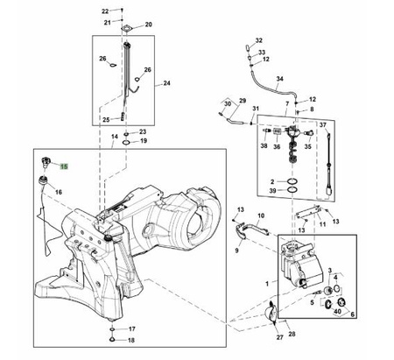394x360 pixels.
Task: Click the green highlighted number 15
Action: [64, 166]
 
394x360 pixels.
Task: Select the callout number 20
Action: [149, 25]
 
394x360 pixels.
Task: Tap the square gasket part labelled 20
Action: [127, 29]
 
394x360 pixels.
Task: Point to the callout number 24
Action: [166, 83]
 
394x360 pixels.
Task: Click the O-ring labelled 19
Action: [126, 143]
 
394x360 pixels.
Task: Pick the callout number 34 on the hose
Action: [280, 79]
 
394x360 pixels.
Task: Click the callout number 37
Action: [322, 125]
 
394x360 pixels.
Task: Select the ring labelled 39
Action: [293, 190]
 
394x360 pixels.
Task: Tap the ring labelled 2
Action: [293, 181]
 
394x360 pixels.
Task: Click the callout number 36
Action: [277, 146]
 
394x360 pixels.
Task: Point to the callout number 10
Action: [261, 215]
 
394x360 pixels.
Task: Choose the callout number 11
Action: [322, 224]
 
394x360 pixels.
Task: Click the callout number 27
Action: [280, 337]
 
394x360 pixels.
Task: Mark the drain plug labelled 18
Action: [112, 339]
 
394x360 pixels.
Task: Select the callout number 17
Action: [132, 329]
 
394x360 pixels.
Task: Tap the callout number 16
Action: [59, 192]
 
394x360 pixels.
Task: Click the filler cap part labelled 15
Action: [46, 162]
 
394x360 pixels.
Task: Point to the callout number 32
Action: [259, 40]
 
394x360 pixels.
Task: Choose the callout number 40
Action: [337, 312]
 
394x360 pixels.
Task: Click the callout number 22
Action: [105, 11]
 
